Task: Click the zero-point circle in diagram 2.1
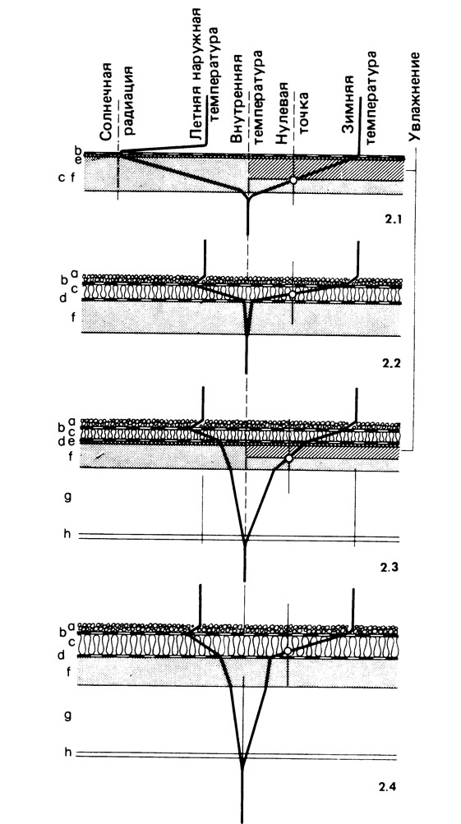click(x=293, y=180)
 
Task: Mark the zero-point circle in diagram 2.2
click(x=293, y=294)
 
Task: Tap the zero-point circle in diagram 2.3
click(x=288, y=458)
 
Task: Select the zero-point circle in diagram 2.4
click(x=288, y=651)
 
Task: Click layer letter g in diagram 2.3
click(x=67, y=496)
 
